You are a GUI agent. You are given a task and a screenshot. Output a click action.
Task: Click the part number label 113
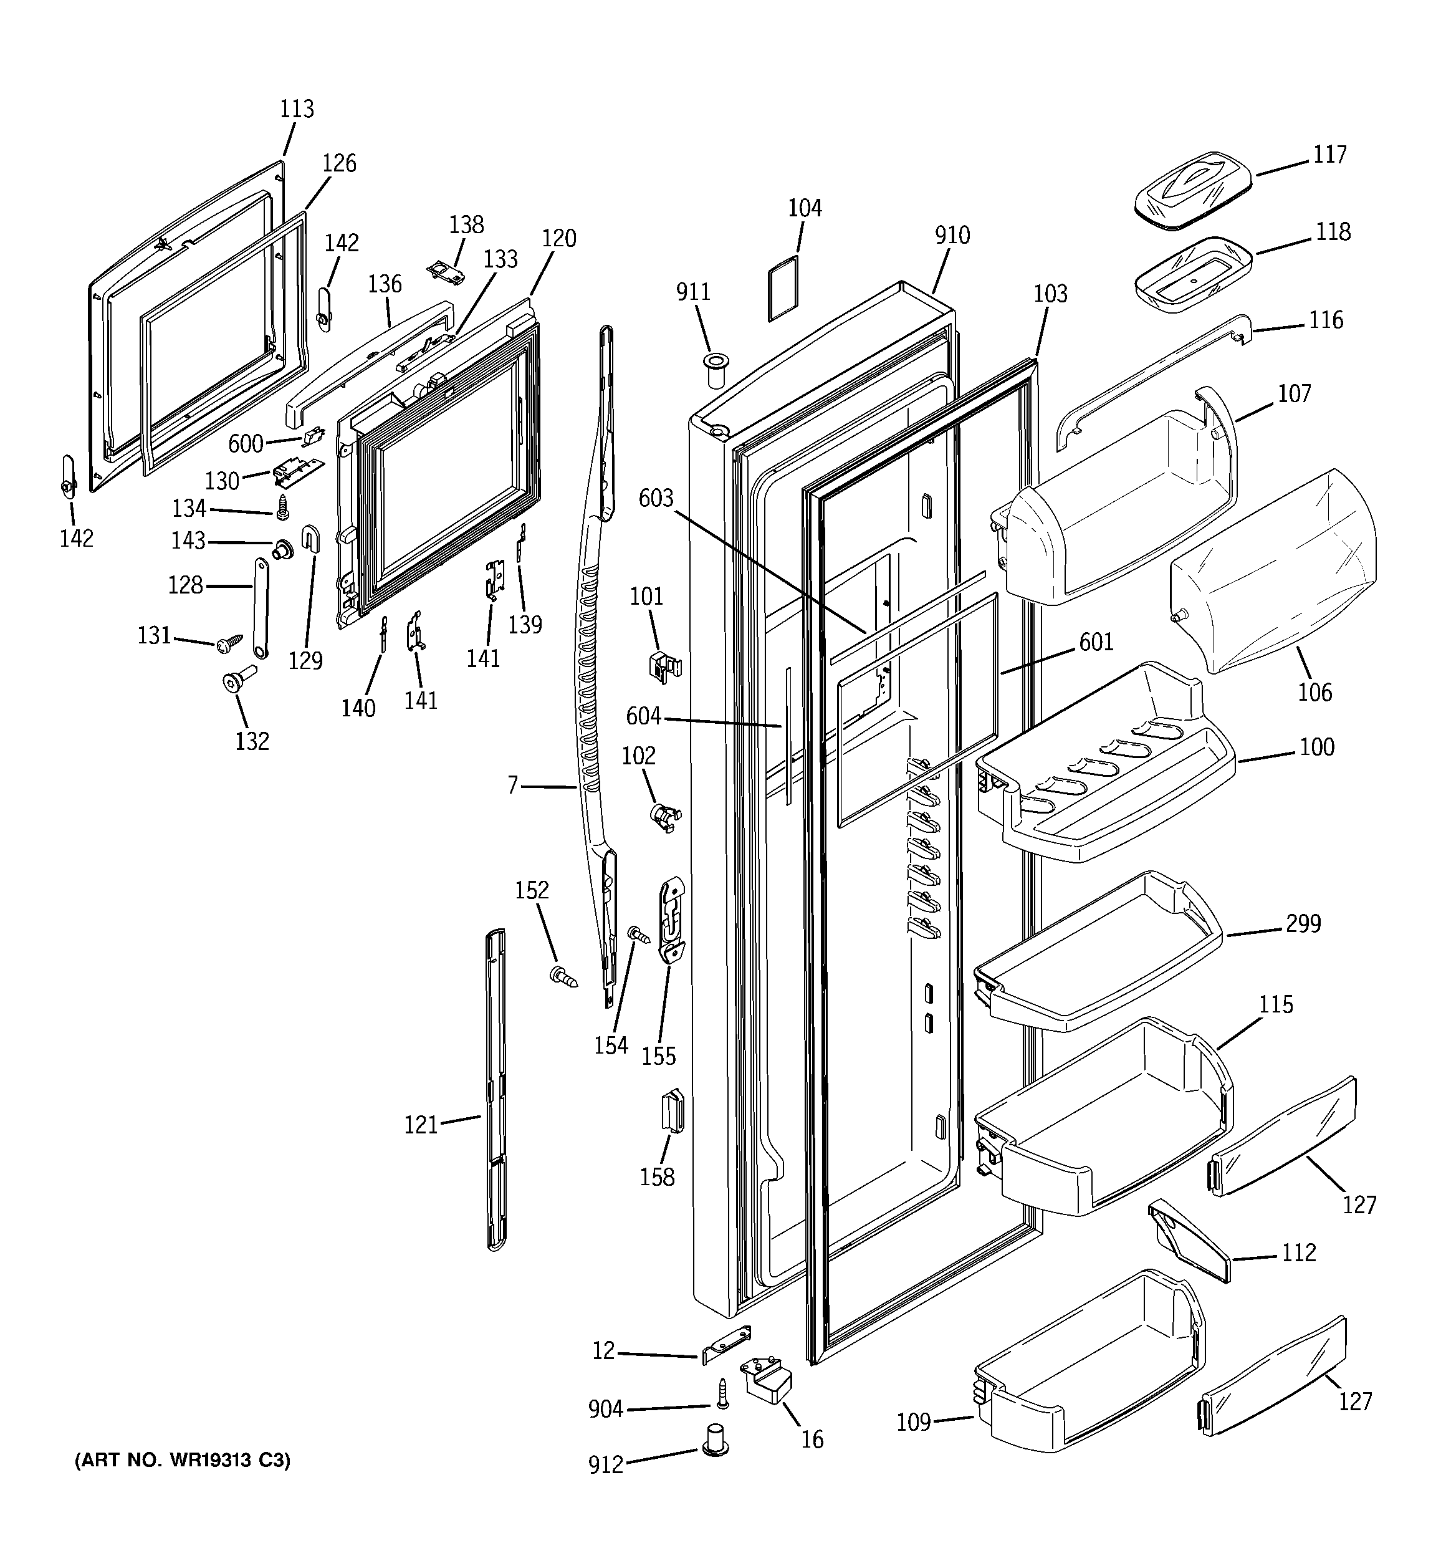(297, 108)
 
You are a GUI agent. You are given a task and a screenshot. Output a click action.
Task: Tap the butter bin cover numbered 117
(1193, 190)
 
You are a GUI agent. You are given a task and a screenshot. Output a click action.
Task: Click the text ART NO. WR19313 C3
(183, 1461)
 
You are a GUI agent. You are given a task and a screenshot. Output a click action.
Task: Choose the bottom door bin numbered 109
(1086, 1389)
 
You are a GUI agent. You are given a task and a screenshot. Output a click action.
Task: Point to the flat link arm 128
(260, 608)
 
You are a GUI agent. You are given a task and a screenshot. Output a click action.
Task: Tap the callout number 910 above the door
(952, 235)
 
